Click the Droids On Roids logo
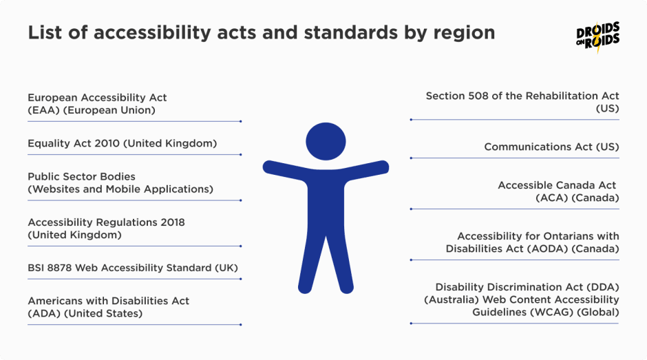click(x=598, y=37)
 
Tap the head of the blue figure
click(x=326, y=141)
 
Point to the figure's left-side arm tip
click(x=267, y=167)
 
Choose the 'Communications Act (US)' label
click(x=552, y=147)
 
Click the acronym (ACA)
click(x=552, y=198)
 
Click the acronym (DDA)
click(x=603, y=287)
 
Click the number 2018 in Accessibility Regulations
click(x=173, y=222)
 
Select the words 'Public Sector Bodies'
click(x=81, y=177)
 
